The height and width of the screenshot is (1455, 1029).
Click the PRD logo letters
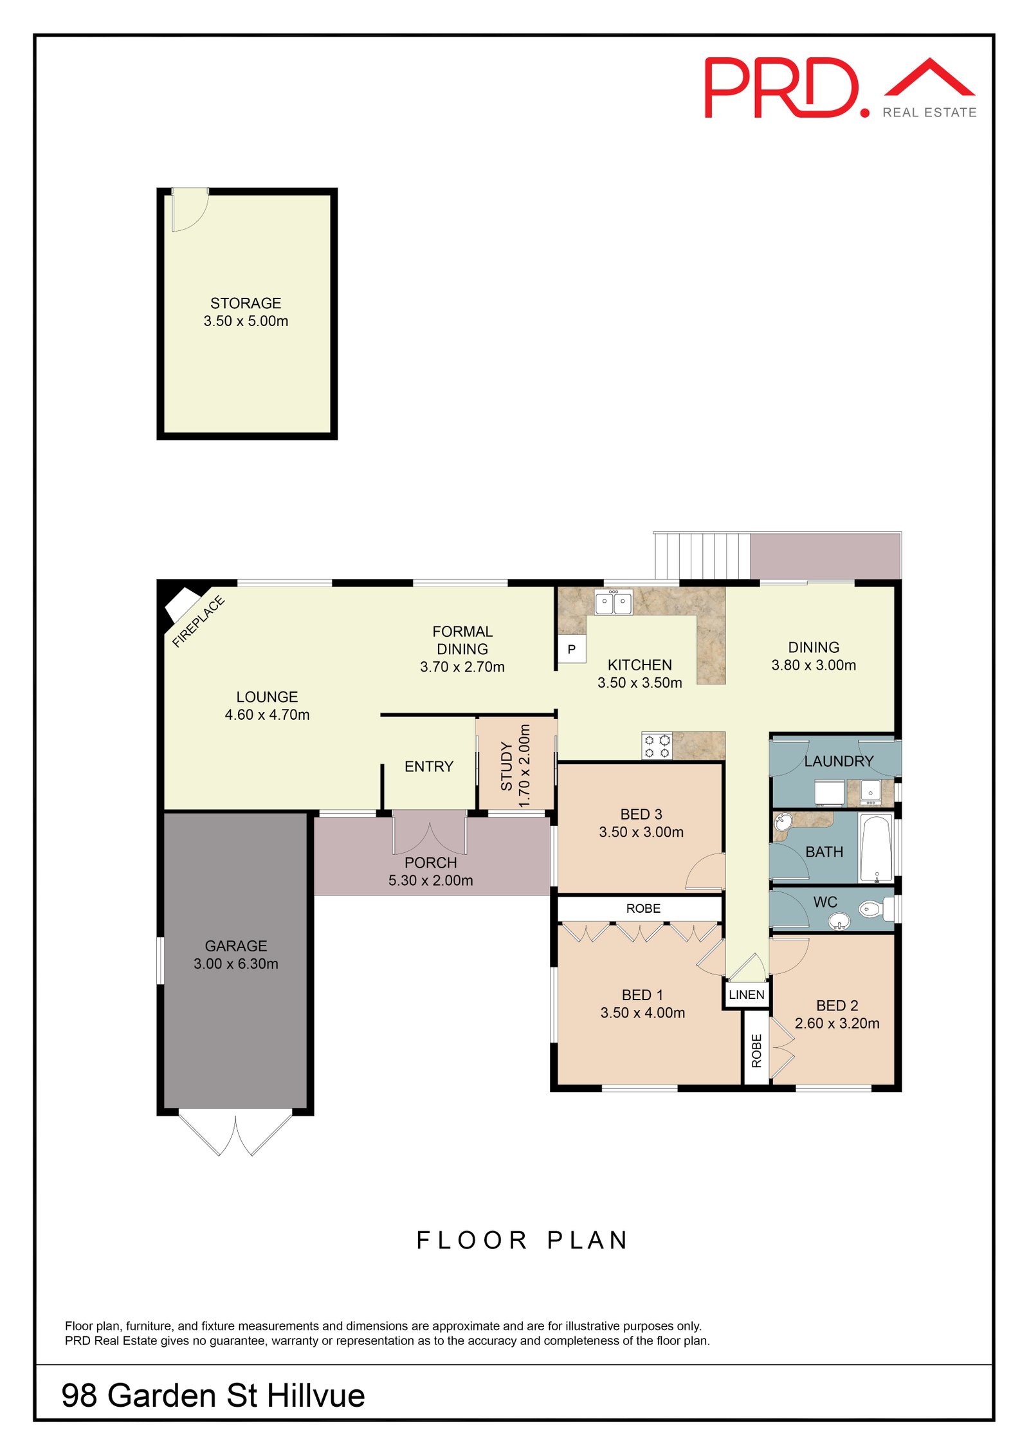(781, 88)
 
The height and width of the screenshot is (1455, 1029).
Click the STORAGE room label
(246, 303)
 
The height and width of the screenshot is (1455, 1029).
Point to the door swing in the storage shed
(189, 210)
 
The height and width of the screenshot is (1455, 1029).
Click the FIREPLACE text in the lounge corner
(199, 621)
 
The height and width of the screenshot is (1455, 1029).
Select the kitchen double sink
(613, 602)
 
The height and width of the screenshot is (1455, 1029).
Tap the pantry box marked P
(571, 649)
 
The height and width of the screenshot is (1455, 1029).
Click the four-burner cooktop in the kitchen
(657, 746)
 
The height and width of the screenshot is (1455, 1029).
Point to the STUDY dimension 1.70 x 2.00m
(525, 765)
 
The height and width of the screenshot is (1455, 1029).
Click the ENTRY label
(428, 766)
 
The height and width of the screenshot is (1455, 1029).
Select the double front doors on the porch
(430, 833)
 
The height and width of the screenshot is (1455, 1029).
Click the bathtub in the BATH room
(875, 848)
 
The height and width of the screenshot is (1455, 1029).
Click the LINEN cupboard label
(746, 994)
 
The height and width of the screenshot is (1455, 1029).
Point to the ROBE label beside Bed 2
(756, 1050)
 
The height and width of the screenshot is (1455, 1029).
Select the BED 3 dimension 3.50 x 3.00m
(641, 832)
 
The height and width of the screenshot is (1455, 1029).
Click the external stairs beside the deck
(702, 556)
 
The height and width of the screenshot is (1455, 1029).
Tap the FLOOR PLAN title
(522, 1240)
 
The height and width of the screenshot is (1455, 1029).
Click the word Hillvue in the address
(316, 1395)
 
